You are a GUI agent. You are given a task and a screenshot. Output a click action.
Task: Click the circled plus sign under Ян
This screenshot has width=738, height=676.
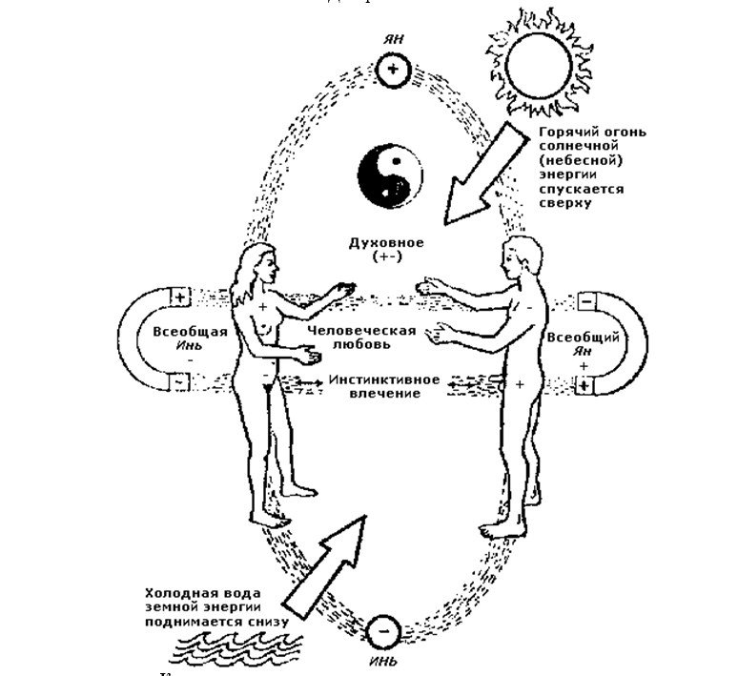pos(391,70)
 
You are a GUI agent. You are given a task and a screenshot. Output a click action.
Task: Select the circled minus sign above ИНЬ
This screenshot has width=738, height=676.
pos(383,630)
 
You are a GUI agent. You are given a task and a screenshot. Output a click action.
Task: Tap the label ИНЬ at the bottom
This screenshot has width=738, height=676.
pos(383,661)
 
